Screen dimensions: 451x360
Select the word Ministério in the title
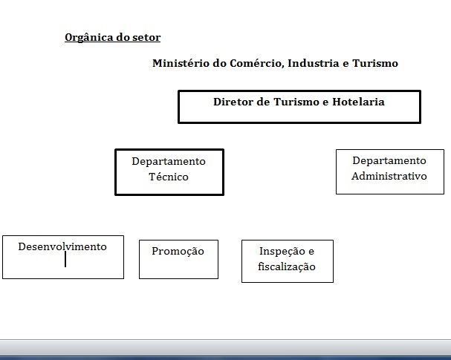tap(181, 63)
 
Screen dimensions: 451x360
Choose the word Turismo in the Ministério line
tap(375, 63)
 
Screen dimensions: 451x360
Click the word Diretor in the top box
tap(233, 102)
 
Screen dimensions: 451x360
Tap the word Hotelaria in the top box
tap(358, 102)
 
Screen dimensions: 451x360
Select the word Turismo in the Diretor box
tap(296, 102)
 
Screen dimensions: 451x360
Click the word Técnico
tap(169, 177)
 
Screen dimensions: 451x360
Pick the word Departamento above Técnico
tap(169, 162)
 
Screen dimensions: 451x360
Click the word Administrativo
tap(389, 176)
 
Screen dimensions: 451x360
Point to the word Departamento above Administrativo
tap(389, 160)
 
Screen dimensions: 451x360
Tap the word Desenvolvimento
tap(62, 246)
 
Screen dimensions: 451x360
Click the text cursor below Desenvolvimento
tap(65, 259)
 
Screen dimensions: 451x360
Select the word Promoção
tap(178, 252)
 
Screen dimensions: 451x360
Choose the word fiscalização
tap(287, 266)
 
